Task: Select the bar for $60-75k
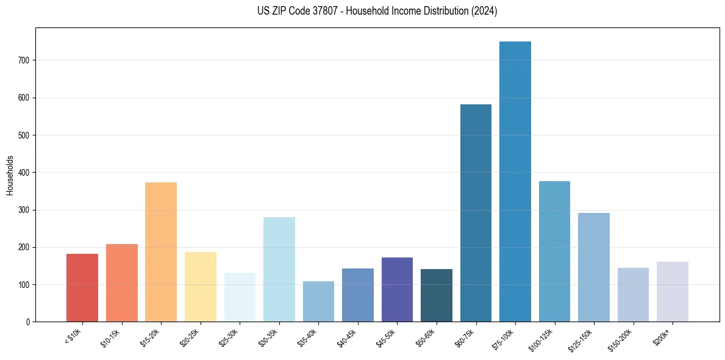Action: pyautogui.click(x=476, y=213)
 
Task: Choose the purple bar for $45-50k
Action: pyautogui.click(x=397, y=289)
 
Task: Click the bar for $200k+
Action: pyautogui.click(x=673, y=292)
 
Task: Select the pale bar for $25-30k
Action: pyautogui.click(x=240, y=297)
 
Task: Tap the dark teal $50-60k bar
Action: pyautogui.click(x=437, y=295)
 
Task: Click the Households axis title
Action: pyautogui.click(x=10, y=175)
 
